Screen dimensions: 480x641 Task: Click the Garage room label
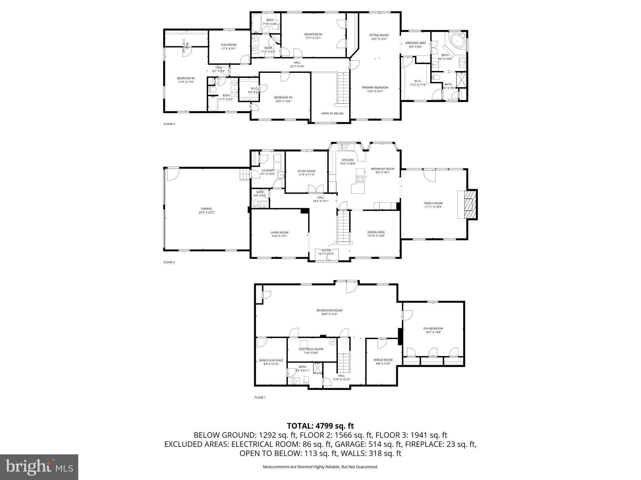(x=207, y=209)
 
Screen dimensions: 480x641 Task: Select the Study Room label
(x=306, y=171)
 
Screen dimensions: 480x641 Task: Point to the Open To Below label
(x=332, y=113)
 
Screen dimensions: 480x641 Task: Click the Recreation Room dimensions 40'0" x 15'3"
(x=329, y=314)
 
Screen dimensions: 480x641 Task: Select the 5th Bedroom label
(x=433, y=328)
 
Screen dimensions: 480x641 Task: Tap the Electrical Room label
(x=311, y=349)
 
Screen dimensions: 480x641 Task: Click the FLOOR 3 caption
(x=169, y=124)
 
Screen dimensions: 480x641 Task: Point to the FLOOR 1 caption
(x=260, y=397)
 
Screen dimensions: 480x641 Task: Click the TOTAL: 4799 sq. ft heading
(x=320, y=426)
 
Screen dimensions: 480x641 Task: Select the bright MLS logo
(x=39, y=467)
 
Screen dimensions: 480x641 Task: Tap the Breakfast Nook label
(x=382, y=169)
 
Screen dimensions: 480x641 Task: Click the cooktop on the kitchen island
(x=360, y=179)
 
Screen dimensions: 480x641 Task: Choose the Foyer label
(x=326, y=250)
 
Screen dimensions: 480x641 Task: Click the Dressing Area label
(x=415, y=43)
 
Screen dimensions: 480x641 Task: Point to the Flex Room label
(x=228, y=45)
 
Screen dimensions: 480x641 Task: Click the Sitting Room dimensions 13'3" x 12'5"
(x=379, y=39)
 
